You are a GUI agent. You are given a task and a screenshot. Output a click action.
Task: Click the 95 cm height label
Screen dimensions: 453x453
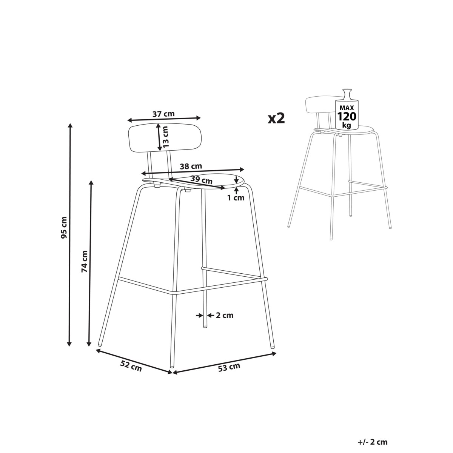[x=64, y=228]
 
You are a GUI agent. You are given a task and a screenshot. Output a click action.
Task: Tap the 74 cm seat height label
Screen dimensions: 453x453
[x=85, y=261]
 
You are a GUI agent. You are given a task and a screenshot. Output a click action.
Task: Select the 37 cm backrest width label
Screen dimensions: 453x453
[x=163, y=114]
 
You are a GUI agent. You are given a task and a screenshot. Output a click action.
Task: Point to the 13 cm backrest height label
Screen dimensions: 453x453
[x=166, y=137]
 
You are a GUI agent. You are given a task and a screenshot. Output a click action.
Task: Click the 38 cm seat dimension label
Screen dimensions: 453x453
[x=191, y=166]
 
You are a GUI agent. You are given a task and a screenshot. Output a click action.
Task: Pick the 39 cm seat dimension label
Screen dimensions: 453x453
[x=201, y=180]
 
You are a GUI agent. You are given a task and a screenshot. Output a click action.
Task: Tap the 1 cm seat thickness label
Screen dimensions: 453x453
[x=236, y=198]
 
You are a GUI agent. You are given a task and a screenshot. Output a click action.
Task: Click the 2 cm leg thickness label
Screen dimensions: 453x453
[x=225, y=315]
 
